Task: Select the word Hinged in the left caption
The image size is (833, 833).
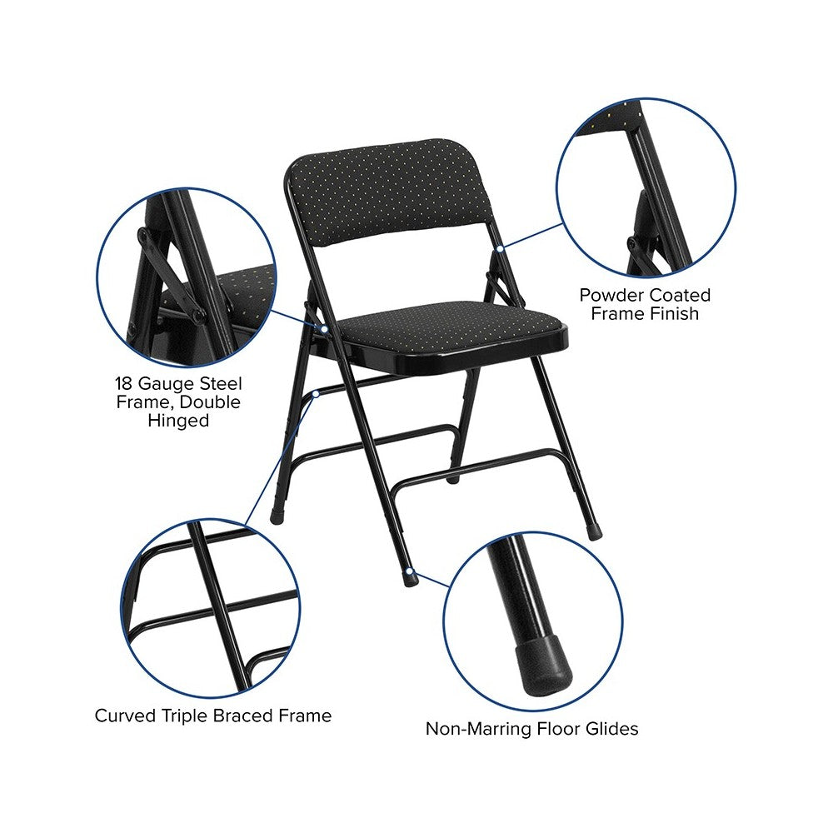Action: click(178, 421)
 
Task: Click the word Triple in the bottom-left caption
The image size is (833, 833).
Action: click(184, 716)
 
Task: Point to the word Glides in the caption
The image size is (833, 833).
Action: click(611, 728)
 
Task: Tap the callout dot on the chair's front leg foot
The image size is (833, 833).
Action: click(409, 571)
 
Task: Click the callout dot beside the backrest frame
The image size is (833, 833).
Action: click(500, 248)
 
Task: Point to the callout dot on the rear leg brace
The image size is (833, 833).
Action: click(316, 394)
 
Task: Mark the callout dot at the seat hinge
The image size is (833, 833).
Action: click(324, 329)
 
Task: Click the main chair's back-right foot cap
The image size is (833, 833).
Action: click(595, 531)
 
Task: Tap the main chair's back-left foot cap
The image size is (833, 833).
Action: click(277, 516)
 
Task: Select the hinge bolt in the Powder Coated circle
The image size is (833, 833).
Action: click(632, 244)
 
